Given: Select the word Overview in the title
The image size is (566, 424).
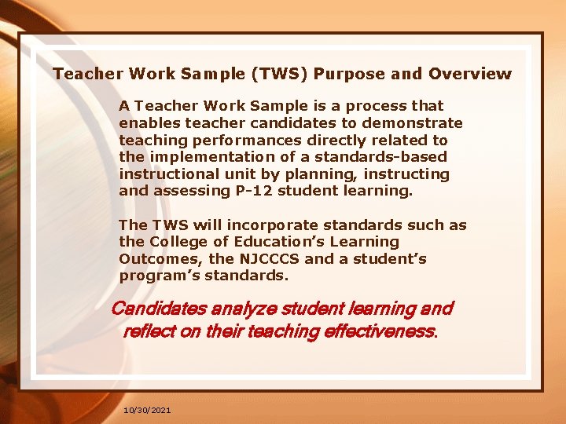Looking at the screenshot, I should (x=469, y=75).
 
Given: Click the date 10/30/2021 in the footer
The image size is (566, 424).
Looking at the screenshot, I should (x=148, y=411).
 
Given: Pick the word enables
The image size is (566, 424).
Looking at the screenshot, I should (x=150, y=122).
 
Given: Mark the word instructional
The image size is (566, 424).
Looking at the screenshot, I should (x=169, y=174).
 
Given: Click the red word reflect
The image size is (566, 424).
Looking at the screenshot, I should (x=149, y=331).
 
